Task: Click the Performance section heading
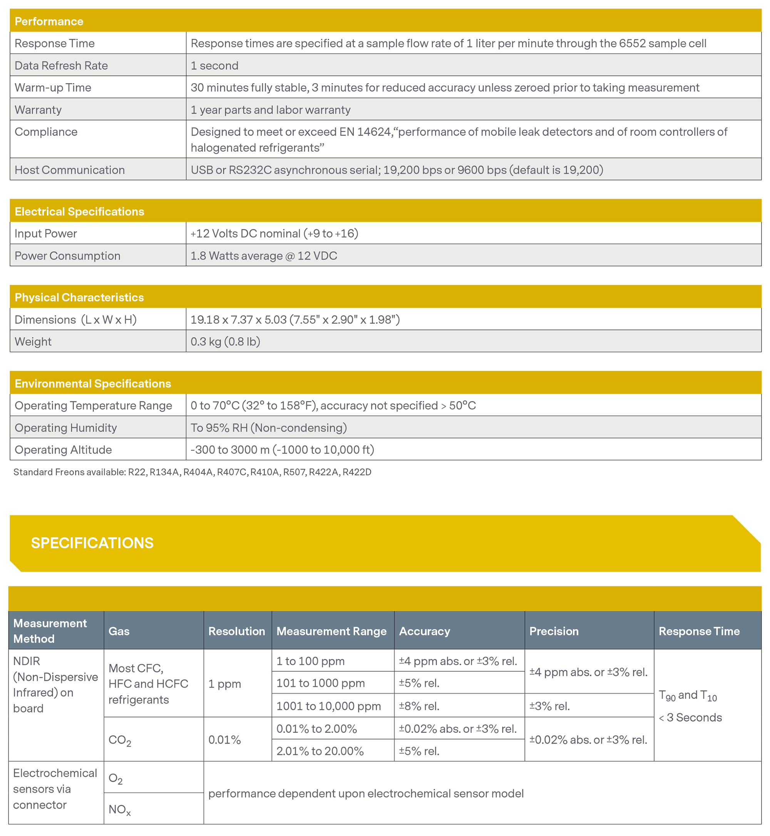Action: point(49,21)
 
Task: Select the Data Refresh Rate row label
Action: point(61,65)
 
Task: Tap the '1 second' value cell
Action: point(214,65)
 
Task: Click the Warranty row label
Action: point(38,110)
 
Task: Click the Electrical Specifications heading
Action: point(79,211)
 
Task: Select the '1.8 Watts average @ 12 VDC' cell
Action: point(264,255)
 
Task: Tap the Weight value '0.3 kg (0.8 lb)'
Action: point(225,341)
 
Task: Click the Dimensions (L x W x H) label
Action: point(75,319)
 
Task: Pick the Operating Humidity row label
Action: point(65,427)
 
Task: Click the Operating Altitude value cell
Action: point(282,450)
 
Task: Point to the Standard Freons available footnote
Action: point(192,472)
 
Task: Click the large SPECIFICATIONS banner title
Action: point(92,543)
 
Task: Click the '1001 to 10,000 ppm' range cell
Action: point(328,706)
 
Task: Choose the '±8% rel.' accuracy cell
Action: point(419,706)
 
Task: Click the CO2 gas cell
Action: point(120,740)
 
